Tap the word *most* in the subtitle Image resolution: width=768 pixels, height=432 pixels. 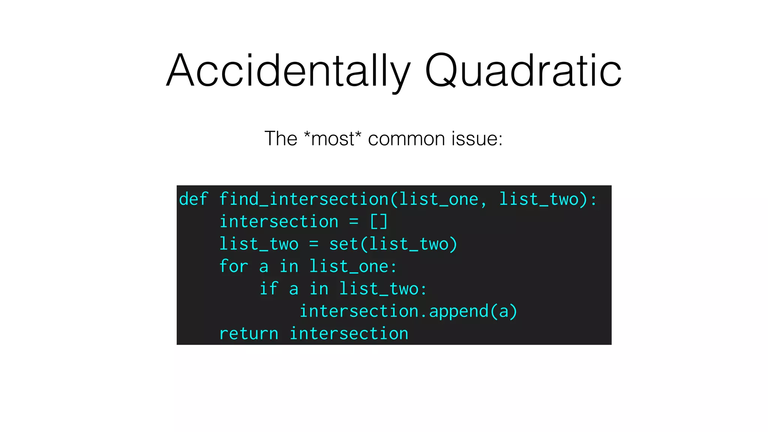[x=332, y=138]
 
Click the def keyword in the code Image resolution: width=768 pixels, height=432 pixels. [x=193, y=199]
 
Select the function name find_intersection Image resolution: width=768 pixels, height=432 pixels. [x=304, y=199]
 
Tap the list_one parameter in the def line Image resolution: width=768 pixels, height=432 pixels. [x=439, y=199]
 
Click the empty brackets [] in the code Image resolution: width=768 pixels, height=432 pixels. [x=379, y=221]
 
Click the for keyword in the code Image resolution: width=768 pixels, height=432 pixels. [x=233, y=266]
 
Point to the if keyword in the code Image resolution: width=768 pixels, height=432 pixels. [x=268, y=289]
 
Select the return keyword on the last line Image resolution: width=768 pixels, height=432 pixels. [x=249, y=333]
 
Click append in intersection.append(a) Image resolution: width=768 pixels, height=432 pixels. [x=459, y=311]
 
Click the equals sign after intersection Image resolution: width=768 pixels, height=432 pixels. [x=354, y=221]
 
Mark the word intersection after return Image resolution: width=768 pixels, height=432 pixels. [x=349, y=333]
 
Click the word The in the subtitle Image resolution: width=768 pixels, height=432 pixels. [x=280, y=138]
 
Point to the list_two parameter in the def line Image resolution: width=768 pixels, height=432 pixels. [x=539, y=199]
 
